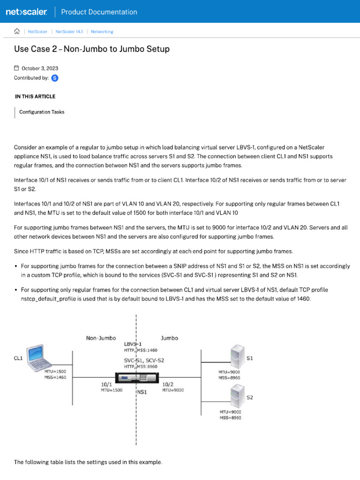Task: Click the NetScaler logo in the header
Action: click(x=27, y=12)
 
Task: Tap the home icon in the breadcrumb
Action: click(x=17, y=31)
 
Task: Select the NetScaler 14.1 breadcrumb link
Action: click(x=69, y=32)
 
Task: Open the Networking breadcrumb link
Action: click(x=102, y=32)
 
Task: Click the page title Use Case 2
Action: click(x=91, y=49)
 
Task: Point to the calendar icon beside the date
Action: click(x=17, y=68)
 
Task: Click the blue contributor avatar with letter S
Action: click(x=55, y=78)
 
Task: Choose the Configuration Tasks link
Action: click(x=42, y=112)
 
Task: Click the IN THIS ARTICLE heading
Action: click(x=35, y=97)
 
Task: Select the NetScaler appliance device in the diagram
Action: click(x=136, y=377)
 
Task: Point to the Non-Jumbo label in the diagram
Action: click(x=101, y=338)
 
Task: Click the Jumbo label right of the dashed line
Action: click(x=169, y=338)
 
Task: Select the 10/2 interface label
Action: click(x=168, y=384)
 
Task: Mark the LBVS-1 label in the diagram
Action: click(x=133, y=344)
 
